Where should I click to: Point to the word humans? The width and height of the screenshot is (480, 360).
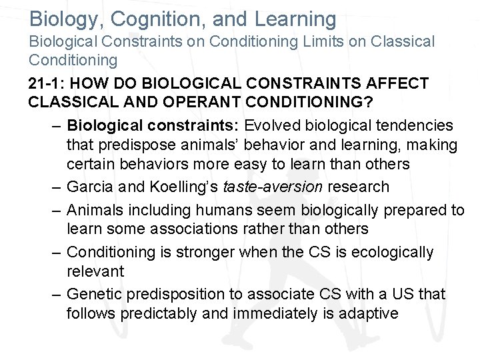(x=224, y=211)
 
